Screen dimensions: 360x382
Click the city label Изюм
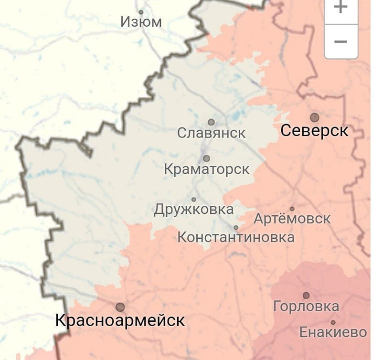point(141,21)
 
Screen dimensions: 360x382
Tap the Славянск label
point(212,133)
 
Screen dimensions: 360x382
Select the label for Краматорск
point(207,169)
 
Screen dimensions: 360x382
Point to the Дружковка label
point(194,210)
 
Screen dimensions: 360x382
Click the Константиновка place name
point(236,237)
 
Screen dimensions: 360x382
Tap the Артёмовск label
point(292,219)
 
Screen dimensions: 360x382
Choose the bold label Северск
point(315,130)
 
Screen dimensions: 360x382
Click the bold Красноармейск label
point(120,320)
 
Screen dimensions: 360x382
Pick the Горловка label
point(306,307)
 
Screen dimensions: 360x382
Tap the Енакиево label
point(333,332)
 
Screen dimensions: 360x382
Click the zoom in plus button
point(340,8)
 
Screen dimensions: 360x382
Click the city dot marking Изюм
point(141,12)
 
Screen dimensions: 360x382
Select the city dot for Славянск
point(211,122)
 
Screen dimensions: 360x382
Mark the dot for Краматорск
point(206,159)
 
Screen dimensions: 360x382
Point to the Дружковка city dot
point(194,200)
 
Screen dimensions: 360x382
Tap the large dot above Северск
point(314,117)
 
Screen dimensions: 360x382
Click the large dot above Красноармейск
point(120,307)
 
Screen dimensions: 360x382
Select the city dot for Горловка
point(306,296)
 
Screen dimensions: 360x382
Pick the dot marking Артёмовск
point(292,209)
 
